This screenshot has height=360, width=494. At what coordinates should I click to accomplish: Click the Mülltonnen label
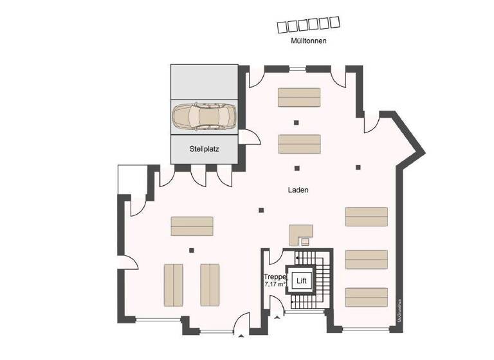(309, 40)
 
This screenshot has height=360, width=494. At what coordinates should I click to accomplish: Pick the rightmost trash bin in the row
(334, 21)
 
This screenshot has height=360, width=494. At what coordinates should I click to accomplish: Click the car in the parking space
(204, 116)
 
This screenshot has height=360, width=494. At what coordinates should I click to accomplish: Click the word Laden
(298, 190)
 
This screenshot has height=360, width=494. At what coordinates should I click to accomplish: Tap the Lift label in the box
(300, 280)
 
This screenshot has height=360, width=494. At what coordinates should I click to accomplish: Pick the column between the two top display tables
(297, 122)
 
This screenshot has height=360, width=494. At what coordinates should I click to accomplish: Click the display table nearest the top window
(299, 97)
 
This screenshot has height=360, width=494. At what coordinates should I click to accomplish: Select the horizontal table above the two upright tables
(192, 226)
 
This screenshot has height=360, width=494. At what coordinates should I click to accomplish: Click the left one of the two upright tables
(174, 284)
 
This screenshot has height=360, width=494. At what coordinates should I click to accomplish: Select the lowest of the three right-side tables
(367, 297)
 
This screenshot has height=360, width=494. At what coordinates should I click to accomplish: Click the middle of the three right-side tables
(367, 258)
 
